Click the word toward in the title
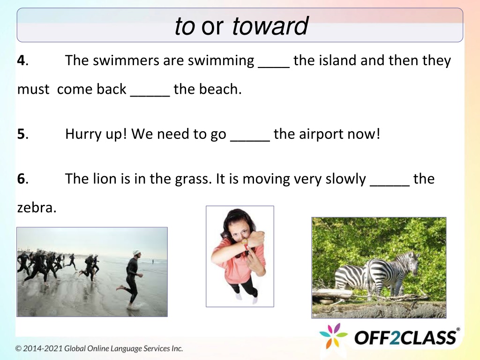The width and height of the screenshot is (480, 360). pos(270,26)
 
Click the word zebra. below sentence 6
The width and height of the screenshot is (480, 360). pos(37,208)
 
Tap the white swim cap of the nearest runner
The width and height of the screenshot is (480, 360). pos(136,253)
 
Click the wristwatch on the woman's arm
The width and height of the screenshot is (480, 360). pos(245,241)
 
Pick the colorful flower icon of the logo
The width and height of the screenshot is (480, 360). pos(333,336)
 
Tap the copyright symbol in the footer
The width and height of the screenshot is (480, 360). pos(19,349)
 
